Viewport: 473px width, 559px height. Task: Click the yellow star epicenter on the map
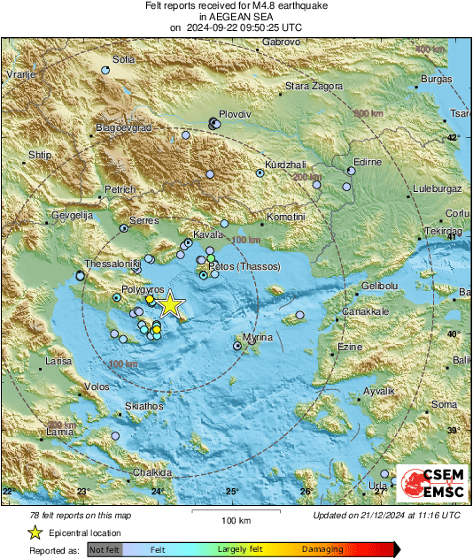click(170, 305)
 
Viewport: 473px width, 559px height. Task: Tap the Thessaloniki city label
click(112, 264)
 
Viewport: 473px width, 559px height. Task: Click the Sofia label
click(123, 59)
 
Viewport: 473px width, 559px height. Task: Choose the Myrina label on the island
click(258, 339)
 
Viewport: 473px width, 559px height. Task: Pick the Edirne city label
click(367, 163)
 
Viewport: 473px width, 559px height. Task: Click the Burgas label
click(437, 80)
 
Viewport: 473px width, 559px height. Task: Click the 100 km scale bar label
click(237, 520)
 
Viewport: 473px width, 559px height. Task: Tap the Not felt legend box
click(105, 549)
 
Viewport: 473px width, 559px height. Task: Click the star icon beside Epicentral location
click(34, 532)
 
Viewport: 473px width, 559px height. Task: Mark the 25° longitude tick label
click(231, 492)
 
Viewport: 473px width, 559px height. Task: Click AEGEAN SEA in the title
click(236, 16)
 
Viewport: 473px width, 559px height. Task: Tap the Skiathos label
click(143, 406)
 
